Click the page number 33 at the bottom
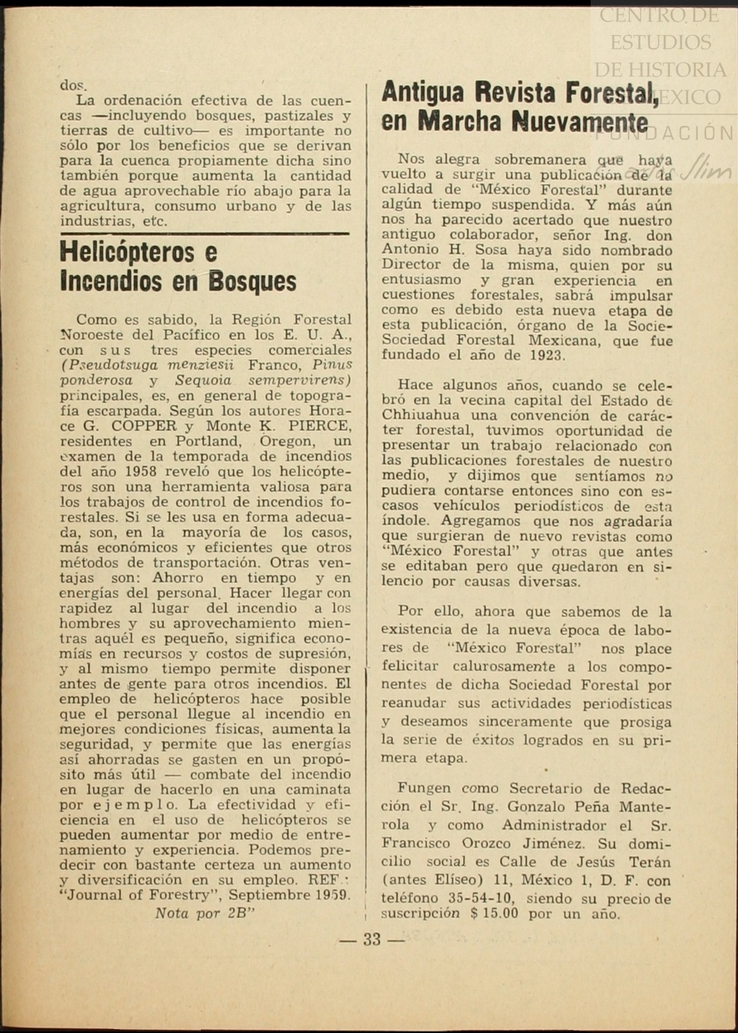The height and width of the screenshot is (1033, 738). [x=372, y=939]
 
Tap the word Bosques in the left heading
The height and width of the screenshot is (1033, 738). [x=252, y=282]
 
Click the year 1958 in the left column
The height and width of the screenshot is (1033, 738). [x=142, y=472]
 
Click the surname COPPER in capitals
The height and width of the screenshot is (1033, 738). [x=147, y=426]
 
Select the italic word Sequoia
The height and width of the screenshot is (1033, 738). [x=203, y=381]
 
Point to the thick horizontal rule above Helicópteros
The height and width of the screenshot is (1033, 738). [x=205, y=234]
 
